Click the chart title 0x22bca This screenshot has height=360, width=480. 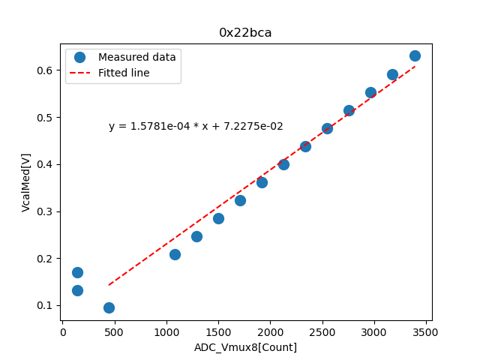pyautogui.click(x=245, y=32)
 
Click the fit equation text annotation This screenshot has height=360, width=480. pyautogui.click(x=196, y=127)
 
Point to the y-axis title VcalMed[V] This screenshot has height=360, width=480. pyautogui.click(x=26, y=182)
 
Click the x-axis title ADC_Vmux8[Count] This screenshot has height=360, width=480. pyautogui.click(x=245, y=347)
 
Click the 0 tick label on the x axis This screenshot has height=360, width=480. pyautogui.click(x=63, y=331)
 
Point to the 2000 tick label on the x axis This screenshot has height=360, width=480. pyautogui.click(x=271, y=331)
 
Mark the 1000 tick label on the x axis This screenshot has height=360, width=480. pyautogui.click(x=166, y=331)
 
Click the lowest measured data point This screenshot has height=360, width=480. pyautogui.click(x=109, y=307)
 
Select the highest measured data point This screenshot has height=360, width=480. pyautogui.click(x=415, y=55)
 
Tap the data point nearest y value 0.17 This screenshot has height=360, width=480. pyautogui.click(x=77, y=272)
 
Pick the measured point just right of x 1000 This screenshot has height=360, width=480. pyautogui.click(x=175, y=254)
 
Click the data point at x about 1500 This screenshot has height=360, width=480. pyautogui.click(x=218, y=218)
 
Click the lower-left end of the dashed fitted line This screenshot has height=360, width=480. pyautogui.click(x=109, y=285)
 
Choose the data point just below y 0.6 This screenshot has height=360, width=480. pyautogui.click(x=392, y=74)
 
